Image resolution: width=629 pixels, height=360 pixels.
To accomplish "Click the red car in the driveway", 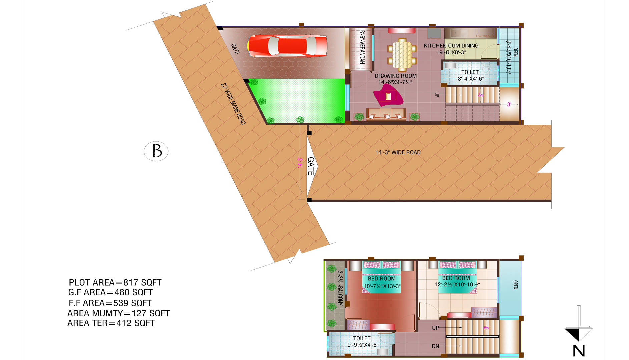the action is click(287, 46).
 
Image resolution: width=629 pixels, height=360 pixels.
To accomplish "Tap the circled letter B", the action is click(156, 151).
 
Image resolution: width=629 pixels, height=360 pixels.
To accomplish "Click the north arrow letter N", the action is click(579, 351).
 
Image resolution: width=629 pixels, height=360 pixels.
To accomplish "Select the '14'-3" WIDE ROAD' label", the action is click(398, 152).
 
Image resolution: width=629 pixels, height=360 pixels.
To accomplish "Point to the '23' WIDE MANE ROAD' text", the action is click(233, 104).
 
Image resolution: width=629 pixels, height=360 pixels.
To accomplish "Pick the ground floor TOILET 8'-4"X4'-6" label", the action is click(470, 75).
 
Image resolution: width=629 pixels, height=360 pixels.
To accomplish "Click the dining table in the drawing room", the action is click(402, 55).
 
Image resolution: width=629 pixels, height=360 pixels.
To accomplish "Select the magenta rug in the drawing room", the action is click(388, 95).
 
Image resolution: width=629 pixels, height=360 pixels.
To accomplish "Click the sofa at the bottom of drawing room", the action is click(386, 114).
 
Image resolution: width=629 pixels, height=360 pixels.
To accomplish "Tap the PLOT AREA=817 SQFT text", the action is click(115, 283).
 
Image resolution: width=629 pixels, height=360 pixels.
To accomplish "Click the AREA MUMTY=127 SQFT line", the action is click(118, 313).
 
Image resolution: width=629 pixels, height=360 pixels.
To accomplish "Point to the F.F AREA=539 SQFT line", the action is click(110, 303).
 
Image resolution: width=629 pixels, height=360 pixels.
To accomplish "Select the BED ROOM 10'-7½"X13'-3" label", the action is click(382, 282).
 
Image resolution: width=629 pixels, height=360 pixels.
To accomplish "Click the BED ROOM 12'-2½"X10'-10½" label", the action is click(457, 281).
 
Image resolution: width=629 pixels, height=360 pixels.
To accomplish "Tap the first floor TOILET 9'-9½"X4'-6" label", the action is click(363, 342).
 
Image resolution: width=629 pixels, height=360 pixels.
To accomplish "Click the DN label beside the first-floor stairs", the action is click(435, 346).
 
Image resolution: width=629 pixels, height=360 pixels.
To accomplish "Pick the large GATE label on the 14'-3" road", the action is click(311, 166).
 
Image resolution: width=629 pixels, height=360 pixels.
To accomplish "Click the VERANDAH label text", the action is click(362, 47).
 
